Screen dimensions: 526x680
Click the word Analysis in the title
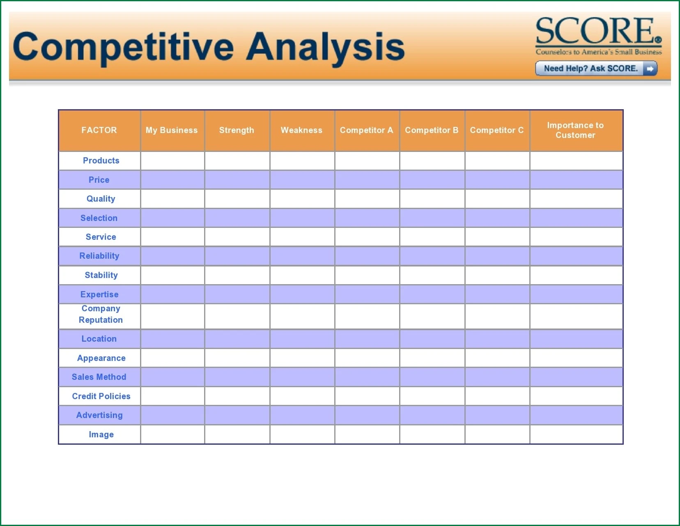(x=325, y=47)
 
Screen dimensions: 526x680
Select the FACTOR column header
(x=99, y=130)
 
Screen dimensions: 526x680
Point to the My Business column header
(x=172, y=130)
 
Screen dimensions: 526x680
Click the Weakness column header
(x=301, y=130)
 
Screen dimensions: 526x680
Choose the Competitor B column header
(x=432, y=130)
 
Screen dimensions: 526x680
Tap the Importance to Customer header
(x=575, y=130)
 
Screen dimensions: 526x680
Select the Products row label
(x=101, y=161)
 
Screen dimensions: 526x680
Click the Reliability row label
(x=99, y=256)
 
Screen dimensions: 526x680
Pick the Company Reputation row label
(x=101, y=314)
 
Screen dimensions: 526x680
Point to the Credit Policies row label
(x=101, y=396)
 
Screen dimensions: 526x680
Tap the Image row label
(x=101, y=434)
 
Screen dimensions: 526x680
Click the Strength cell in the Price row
(x=237, y=180)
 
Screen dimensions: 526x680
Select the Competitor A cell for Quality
(x=367, y=199)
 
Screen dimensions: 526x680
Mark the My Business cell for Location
(x=172, y=339)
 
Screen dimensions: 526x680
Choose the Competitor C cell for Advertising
(x=497, y=415)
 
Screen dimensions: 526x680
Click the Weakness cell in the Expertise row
(x=302, y=294)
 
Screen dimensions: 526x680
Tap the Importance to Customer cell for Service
(x=576, y=237)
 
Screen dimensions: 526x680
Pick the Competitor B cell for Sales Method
(x=432, y=377)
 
